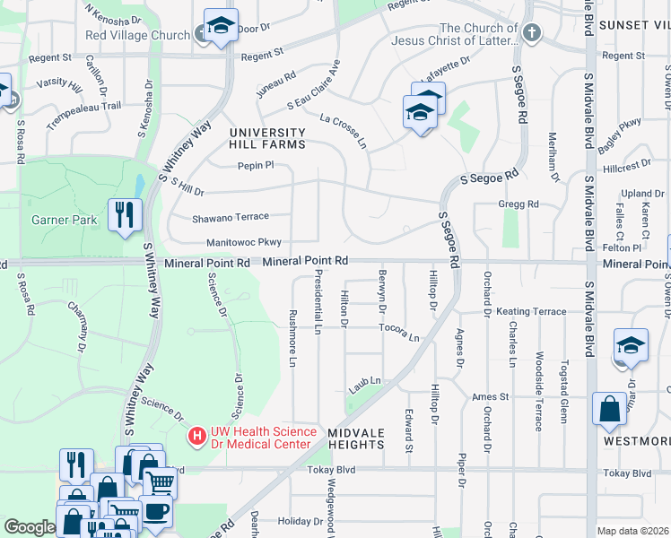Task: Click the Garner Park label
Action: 59,219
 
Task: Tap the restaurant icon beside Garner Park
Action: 124,215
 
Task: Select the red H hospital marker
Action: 195,437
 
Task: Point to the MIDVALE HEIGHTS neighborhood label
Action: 356,438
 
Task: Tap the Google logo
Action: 30,527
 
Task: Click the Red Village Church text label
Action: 137,36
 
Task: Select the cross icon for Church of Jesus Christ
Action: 532,34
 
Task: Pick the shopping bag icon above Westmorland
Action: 610,409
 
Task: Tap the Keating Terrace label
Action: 531,311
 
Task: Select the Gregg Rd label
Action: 518,204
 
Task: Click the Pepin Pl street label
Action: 255,165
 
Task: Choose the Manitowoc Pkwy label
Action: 244,242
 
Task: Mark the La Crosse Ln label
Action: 344,130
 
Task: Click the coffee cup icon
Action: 156,511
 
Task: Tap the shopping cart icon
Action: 160,482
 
